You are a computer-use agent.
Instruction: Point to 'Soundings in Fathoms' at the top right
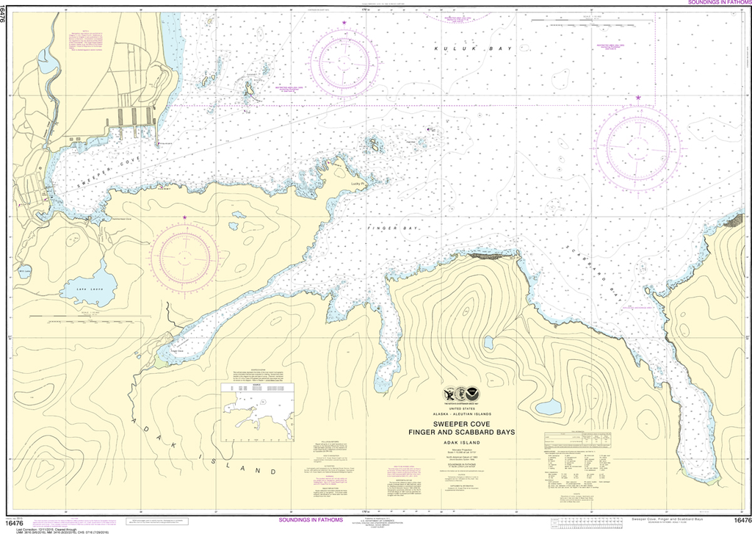719,4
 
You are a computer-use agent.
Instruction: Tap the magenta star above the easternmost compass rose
638,98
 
